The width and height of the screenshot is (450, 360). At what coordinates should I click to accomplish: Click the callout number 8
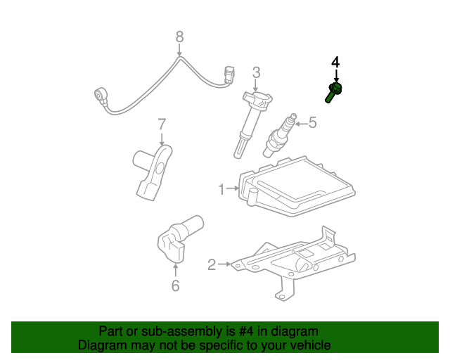[x=179, y=36]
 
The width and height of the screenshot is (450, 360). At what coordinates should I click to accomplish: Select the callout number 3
[x=257, y=72]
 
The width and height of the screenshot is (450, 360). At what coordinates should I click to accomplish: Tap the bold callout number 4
[x=335, y=63]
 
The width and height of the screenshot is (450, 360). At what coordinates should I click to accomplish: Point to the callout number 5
[x=312, y=123]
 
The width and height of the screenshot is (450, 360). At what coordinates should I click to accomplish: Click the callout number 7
[x=162, y=124]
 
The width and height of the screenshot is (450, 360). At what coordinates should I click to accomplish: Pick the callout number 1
[x=221, y=188]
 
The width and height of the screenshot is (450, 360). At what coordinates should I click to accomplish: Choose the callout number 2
[x=212, y=264]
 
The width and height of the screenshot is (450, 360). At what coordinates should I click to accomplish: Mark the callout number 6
[x=175, y=285]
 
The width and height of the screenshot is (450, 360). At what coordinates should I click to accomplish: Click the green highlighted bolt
[x=333, y=91]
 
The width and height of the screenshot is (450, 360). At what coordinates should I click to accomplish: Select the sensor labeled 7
[x=152, y=170]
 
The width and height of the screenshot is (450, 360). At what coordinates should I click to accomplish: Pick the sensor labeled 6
[x=177, y=236]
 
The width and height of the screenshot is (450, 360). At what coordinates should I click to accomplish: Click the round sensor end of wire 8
[x=101, y=95]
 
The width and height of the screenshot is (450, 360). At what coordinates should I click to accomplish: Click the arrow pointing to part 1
[x=233, y=188]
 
